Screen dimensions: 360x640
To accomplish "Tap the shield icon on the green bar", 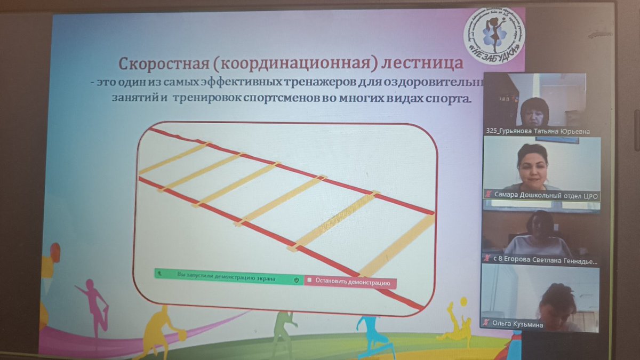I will (x=297, y=279).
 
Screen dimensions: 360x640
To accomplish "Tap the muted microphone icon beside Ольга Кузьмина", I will (x=486, y=323).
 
